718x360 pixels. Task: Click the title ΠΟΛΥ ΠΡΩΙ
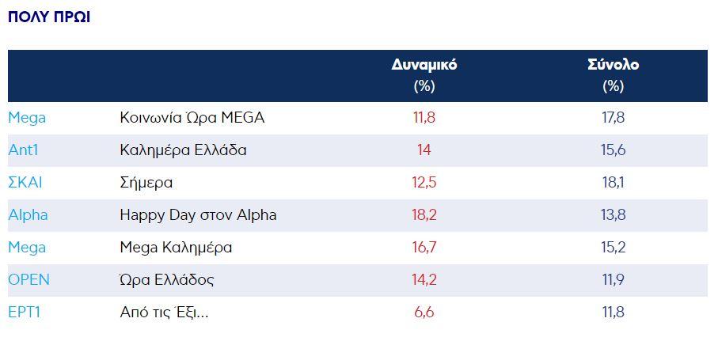point(49,17)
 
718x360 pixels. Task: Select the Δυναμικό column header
point(424,65)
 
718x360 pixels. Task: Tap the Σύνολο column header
point(613,65)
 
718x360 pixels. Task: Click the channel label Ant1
point(25,150)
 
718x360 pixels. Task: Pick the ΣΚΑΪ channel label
point(25,183)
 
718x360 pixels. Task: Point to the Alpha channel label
point(28,215)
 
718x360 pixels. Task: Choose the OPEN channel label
point(28,280)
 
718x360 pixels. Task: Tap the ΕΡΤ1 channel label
point(24,313)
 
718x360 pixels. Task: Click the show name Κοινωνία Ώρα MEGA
point(192,118)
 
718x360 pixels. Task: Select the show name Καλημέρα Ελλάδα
point(183,150)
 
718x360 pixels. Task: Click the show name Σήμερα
point(146,183)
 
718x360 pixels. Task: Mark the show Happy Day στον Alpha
point(198,215)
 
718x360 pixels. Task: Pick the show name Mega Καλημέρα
point(176,248)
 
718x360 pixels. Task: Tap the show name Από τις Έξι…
point(164,313)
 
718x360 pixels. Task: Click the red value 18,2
point(424,215)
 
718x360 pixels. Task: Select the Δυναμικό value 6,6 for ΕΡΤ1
point(424,313)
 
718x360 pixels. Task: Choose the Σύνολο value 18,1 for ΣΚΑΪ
point(613,183)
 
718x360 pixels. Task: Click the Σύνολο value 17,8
point(613,118)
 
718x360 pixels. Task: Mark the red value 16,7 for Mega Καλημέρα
point(424,248)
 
